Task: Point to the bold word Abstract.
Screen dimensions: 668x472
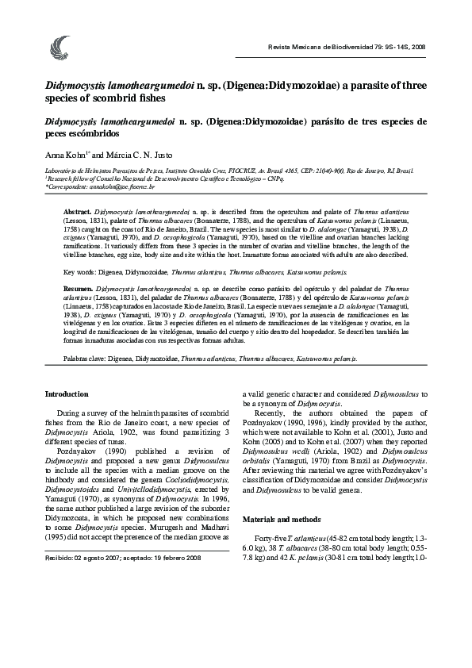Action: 77,213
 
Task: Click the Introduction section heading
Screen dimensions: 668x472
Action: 67,394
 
